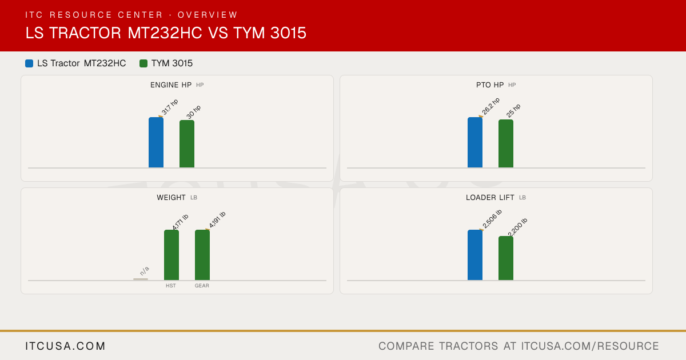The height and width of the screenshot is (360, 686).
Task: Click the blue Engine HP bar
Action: click(156, 142)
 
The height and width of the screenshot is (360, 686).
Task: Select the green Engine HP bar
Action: click(187, 144)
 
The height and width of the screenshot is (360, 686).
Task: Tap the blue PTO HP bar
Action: click(475, 142)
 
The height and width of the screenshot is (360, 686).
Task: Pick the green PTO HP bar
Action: click(506, 143)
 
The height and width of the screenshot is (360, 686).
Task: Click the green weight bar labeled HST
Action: click(171, 255)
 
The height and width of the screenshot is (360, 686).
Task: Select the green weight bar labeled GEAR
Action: click(202, 255)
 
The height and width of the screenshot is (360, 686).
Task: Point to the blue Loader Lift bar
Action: click(475, 255)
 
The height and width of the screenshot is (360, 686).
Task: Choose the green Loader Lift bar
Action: click(506, 258)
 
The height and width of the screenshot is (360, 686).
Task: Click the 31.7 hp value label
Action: click(170, 107)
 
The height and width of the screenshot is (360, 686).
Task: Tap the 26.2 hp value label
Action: click(490, 106)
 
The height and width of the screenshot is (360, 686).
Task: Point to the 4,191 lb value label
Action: click(217, 219)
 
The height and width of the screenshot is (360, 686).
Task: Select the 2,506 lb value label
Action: click(492, 218)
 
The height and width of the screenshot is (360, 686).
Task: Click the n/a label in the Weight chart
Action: click(144, 271)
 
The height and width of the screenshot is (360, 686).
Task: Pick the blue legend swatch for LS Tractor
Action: click(29, 63)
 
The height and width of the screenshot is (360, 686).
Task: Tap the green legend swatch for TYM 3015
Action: click(143, 63)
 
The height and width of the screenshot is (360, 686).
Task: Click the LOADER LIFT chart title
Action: click(490, 198)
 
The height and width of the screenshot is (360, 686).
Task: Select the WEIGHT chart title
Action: click(171, 198)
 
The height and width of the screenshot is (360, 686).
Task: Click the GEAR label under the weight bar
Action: click(202, 286)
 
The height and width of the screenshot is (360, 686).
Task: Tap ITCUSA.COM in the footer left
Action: click(65, 346)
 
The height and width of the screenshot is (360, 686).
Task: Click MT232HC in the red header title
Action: click(165, 33)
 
